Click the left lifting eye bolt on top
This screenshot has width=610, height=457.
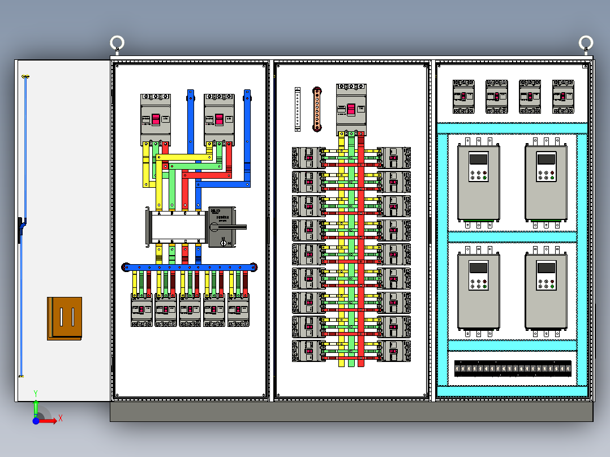coord(117,43)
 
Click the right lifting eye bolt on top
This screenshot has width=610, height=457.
coord(586,43)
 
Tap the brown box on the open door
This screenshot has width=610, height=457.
coord(65,318)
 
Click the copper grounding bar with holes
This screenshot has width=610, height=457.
coord(317,109)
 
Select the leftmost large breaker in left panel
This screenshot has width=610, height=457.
coord(156,119)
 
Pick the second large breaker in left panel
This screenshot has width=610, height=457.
coord(219,119)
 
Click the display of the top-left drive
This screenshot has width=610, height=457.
coord(479,159)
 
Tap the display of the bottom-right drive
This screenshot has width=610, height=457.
coord(546,268)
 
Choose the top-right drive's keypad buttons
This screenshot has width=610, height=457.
coord(546,174)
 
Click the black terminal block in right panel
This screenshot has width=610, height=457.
coord(513,369)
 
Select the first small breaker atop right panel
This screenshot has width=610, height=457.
coord(463,96)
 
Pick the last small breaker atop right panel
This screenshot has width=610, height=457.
coord(563,96)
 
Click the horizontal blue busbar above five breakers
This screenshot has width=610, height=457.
coord(190,267)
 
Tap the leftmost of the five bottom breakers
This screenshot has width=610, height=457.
coord(142,311)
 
